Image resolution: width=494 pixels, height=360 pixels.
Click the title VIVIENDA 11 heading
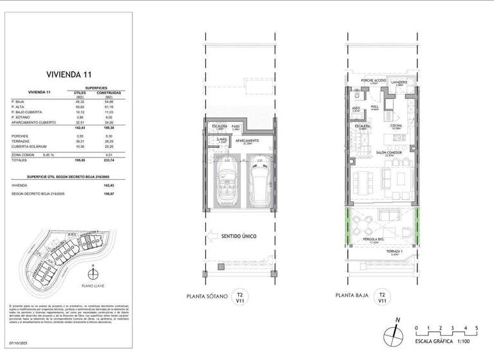tap(62, 74)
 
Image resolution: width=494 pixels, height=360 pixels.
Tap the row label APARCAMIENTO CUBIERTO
tap(33, 122)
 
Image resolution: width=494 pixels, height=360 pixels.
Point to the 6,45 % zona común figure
tap(49, 154)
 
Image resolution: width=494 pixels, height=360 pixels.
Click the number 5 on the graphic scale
tap(476, 328)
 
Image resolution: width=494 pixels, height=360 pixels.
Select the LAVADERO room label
tap(398, 82)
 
